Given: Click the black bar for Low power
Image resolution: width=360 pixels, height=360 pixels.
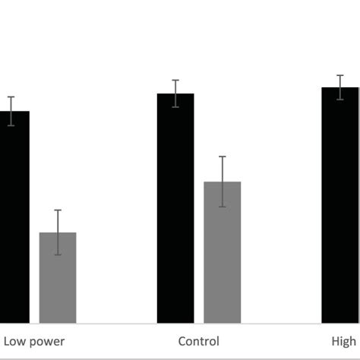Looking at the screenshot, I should coord(14,220).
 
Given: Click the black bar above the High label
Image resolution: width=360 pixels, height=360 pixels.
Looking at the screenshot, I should coord(339,205).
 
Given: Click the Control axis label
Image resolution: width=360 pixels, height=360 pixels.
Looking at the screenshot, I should coord(198,342).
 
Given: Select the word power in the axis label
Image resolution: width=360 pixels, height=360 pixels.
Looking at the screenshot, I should coord(47,342).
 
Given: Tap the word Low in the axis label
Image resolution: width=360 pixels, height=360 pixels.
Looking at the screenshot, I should coord(14,342).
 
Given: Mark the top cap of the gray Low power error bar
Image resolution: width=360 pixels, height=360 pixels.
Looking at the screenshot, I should coord(58,210).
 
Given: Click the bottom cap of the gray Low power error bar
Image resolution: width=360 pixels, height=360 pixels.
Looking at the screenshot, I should coord(58,254).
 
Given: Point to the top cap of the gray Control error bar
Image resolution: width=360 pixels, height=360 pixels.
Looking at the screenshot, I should coord(222,156).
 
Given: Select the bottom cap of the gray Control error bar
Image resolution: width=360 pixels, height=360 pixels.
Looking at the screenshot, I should coord(222,207).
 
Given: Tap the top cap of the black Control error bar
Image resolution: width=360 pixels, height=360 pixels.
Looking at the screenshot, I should coord(175,80).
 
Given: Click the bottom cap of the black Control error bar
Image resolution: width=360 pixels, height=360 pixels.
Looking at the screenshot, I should coord(175,107).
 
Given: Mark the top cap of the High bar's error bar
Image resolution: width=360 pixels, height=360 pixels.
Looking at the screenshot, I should coord(339,75).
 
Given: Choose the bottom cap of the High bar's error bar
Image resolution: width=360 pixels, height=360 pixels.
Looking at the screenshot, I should coord(339,99).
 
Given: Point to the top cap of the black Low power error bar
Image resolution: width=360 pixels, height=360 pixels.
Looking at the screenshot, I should coord(11,96).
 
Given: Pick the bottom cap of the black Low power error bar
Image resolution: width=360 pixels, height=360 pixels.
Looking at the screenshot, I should coord(11,125).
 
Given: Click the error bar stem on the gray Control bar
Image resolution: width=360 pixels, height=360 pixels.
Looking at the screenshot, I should coord(222,171).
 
